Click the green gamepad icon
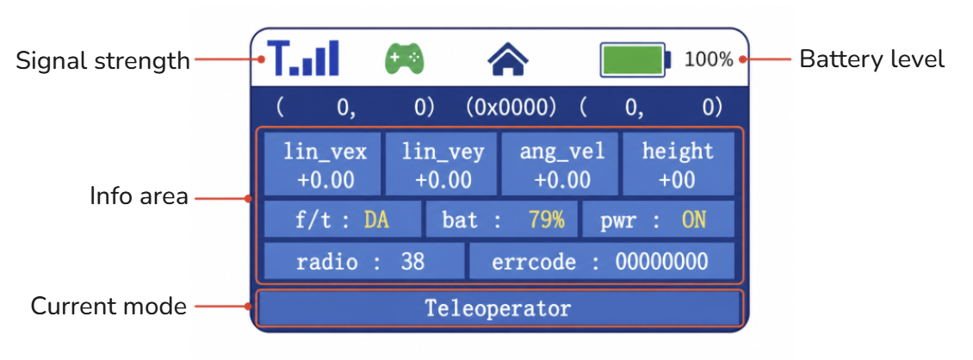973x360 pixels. point(404,59)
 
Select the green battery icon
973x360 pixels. point(635,59)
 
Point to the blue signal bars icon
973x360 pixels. point(303,59)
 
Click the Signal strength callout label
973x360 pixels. point(103,61)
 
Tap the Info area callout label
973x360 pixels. point(139,196)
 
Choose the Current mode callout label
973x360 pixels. point(108,307)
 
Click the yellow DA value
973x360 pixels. point(376,220)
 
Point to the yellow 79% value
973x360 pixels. point(547,220)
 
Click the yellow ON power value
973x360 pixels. point(694,220)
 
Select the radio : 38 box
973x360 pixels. point(364,261)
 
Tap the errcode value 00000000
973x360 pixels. point(661,261)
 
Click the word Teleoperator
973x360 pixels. point(498,307)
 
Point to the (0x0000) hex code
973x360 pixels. point(511,108)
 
